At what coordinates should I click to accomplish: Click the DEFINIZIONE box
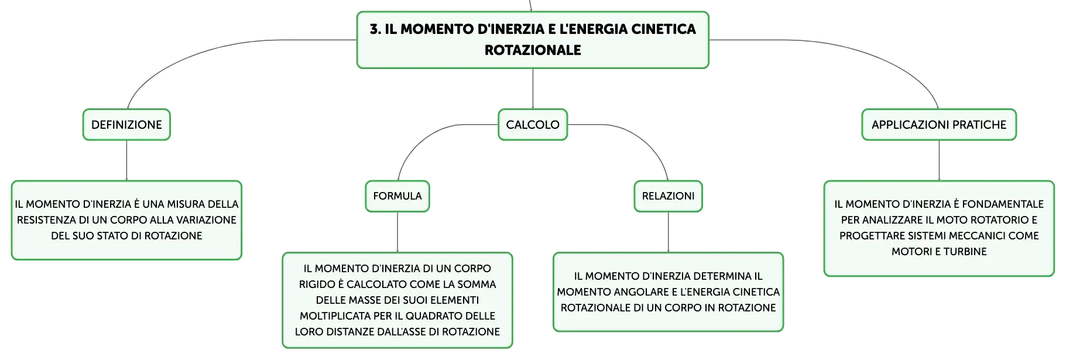126,125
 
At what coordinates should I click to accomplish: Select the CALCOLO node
533,125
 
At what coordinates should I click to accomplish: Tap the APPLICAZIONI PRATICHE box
939,125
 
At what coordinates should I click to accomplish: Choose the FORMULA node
397,196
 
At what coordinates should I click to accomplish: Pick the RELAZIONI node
668,196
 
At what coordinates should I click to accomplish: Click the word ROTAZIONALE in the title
533,50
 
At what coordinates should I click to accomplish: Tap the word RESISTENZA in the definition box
45,220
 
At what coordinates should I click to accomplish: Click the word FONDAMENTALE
1003,204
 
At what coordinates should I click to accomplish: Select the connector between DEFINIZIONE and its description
126,160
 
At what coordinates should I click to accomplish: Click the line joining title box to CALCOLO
533,88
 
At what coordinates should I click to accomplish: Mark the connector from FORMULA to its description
397,232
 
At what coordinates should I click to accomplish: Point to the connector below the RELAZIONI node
668,232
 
